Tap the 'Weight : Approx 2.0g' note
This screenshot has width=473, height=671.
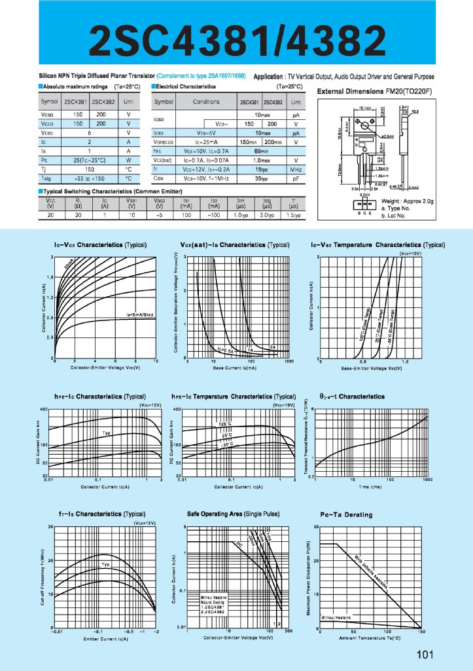tap(408, 202)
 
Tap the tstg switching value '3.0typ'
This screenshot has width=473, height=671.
tap(267, 215)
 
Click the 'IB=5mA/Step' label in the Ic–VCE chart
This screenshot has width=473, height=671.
tap(140, 316)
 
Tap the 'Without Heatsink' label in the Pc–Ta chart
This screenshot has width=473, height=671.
tap(336, 618)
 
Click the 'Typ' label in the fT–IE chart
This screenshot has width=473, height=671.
tap(105, 564)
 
